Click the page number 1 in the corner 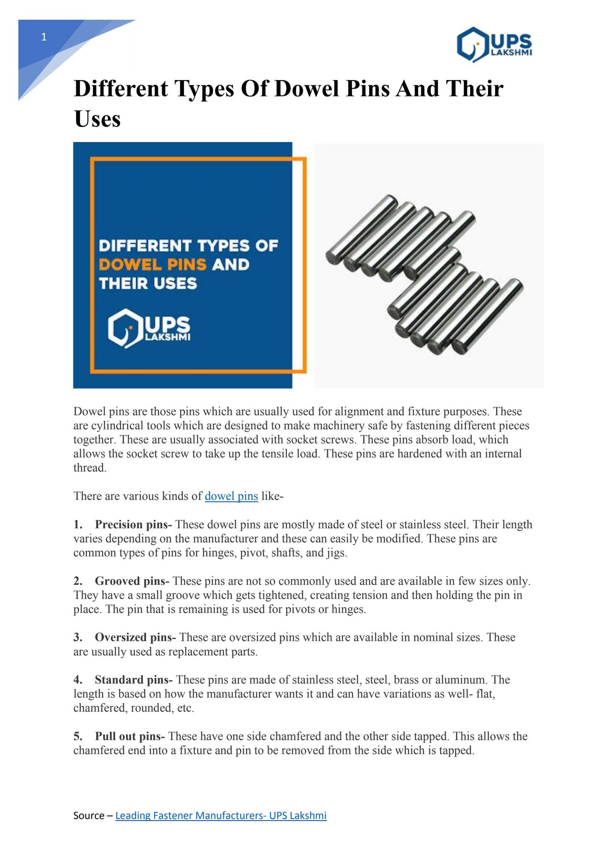44,38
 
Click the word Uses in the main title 97,119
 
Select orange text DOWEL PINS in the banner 152,265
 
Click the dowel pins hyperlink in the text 231,496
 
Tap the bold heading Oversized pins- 135,638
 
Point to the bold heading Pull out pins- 130,736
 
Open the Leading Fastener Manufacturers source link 221,816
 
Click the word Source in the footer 89,816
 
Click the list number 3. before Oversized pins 78,638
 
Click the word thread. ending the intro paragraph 90,468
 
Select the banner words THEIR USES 148,284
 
